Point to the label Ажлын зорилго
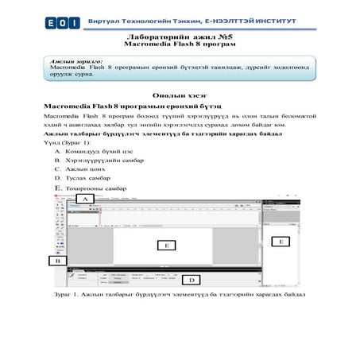[x=76, y=61]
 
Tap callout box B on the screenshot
[x=56, y=260]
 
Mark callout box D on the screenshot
[x=192, y=280]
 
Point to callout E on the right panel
[x=279, y=240]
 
